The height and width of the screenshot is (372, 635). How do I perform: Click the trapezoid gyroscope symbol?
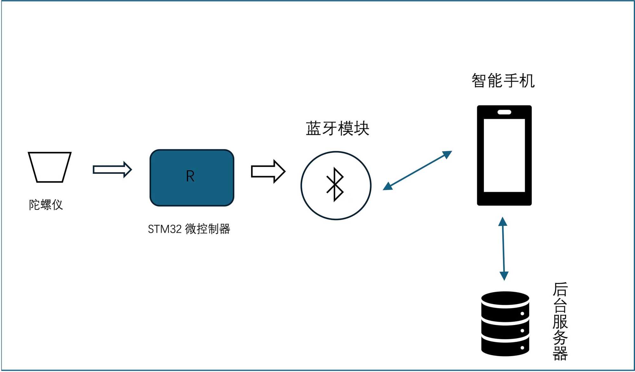click(x=50, y=167)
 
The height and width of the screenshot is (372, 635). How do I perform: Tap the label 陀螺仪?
click(x=46, y=205)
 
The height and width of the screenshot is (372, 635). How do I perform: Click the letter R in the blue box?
click(x=190, y=176)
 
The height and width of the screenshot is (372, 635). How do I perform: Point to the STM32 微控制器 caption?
click(x=189, y=229)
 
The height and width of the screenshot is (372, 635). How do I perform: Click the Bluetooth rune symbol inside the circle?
click(x=335, y=185)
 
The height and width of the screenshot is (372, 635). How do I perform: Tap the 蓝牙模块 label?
click(x=338, y=129)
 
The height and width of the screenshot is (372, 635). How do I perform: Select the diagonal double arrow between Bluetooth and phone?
click(x=417, y=171)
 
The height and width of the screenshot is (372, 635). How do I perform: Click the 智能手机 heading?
click(x=503, y=81)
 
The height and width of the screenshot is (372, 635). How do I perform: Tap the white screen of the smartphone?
click(x=504, y=155)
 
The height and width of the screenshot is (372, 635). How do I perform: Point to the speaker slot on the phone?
click(x=504, y=112)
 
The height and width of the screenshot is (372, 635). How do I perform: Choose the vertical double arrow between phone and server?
click(x=503, y=248)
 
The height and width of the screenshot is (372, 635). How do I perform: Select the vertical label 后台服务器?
click(x=560, y=321)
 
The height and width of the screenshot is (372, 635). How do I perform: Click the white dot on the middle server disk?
click(x=522, y=331)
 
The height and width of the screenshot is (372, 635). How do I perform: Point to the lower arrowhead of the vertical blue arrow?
click(x=504, y=276)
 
